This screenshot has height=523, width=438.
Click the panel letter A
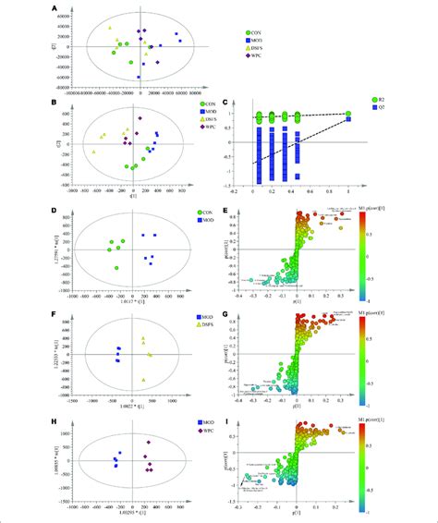[x=58, y=8]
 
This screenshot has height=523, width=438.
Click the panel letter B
[x=58, y=104]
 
